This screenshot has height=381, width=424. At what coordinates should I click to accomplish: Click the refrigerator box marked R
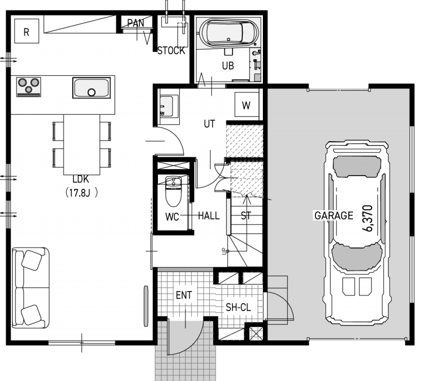26,31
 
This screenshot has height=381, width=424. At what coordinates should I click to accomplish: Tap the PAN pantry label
136,23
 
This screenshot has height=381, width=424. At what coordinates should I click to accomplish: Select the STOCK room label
171,50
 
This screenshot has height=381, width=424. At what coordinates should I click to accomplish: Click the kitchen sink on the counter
91,88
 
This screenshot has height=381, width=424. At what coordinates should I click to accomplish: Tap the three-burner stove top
29,87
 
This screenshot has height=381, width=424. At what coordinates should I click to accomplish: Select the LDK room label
81,179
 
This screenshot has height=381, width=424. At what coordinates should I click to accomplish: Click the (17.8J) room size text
82,193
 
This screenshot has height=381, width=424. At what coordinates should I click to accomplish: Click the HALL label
209,216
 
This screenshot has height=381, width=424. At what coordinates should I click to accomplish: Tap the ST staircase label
246,215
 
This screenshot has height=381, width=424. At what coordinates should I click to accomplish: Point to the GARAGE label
334,215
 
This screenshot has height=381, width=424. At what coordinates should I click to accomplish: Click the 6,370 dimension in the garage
368,219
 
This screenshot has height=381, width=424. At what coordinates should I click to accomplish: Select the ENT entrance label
184,295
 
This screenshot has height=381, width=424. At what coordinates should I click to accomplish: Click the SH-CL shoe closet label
238,307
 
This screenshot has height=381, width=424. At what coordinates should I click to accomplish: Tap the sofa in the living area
31,288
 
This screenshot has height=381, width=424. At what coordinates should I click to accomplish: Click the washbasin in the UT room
167,106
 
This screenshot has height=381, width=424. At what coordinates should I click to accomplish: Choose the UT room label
209,124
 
